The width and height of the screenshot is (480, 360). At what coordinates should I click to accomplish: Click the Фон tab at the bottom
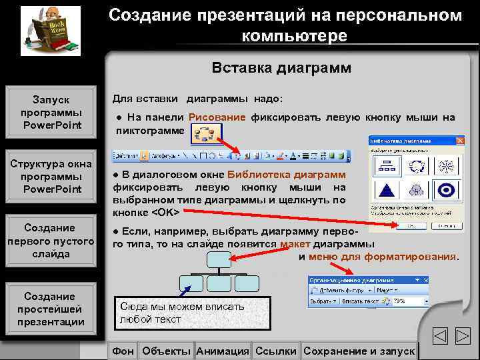123,351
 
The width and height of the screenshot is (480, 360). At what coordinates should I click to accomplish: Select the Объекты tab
166,351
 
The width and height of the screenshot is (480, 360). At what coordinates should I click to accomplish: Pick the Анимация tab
223,351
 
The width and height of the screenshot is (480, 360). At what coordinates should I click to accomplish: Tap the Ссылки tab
275,351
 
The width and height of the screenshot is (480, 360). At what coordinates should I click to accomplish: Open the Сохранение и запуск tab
359,351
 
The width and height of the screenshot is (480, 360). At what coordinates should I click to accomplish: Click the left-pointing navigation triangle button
439,337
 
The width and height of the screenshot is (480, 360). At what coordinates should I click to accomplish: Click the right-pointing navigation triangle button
463,337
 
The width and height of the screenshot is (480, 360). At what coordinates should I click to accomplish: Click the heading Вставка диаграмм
281,68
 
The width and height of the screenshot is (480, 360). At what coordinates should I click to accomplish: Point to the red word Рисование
217,117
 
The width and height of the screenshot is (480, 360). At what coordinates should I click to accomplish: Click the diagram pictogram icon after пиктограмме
205,134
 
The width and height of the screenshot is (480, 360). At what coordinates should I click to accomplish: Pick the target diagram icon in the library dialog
443,190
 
